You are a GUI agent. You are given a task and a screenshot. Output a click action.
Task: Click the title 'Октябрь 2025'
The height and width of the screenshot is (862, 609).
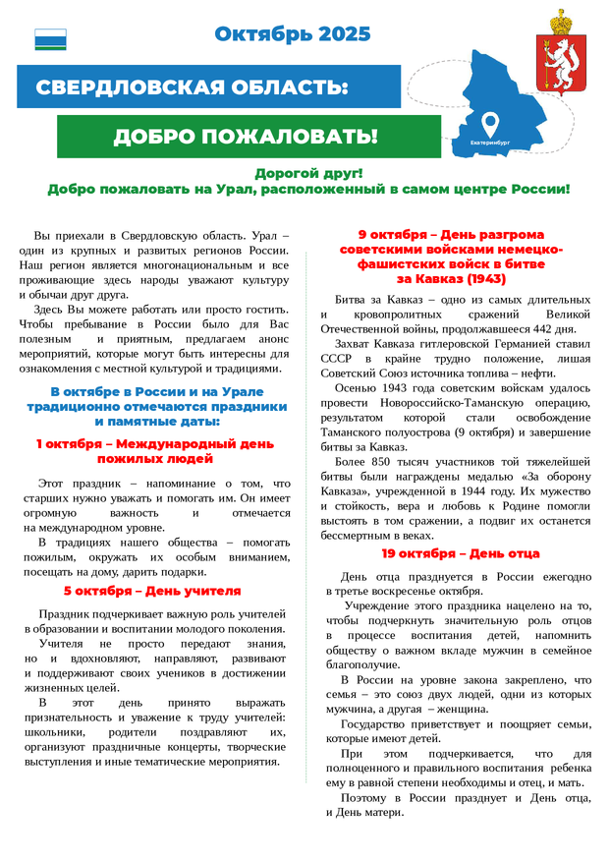pos(293,34)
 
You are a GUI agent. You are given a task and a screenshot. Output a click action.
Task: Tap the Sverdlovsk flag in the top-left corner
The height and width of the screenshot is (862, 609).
pos(50,39)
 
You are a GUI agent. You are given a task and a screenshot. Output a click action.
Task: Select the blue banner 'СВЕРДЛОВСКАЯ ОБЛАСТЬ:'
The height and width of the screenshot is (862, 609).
pos(193,87)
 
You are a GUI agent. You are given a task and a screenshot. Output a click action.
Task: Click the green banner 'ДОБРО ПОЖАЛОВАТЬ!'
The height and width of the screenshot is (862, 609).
pos(245,137)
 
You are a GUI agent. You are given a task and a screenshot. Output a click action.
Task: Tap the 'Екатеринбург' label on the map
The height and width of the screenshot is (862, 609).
pos(491,143)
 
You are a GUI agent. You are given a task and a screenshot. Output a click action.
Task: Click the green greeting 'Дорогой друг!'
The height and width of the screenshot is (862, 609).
pos(308,173)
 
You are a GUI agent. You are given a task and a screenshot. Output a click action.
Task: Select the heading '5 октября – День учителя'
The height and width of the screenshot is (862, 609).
pos(152,591)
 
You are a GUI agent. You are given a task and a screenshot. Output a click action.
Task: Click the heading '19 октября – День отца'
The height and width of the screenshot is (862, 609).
pos(461,553)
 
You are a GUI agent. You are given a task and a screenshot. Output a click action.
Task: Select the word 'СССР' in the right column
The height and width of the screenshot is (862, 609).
pos(338,359)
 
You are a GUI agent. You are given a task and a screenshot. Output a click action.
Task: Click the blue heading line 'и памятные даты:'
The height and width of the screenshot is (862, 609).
pos(156,420)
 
